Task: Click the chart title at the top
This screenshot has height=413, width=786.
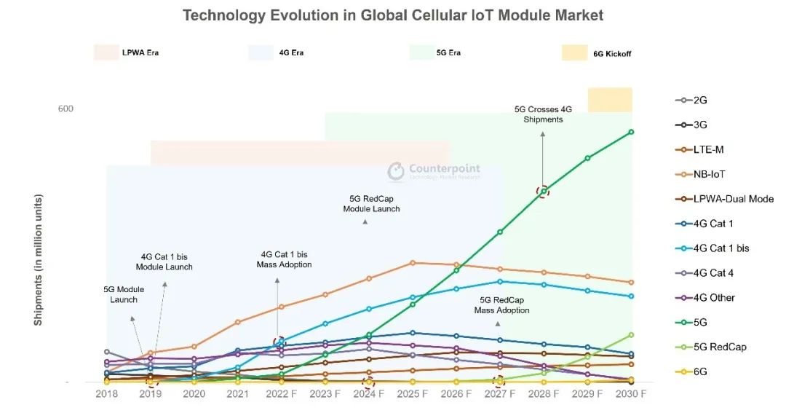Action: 392,15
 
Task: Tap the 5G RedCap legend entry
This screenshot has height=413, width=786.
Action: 719,347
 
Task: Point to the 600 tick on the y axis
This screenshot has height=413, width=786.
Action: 65,109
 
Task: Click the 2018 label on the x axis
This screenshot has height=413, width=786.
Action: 107,393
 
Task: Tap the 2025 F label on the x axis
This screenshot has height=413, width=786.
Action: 413,393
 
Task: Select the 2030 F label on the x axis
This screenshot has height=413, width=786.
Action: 631,393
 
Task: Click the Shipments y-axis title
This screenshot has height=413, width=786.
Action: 39,259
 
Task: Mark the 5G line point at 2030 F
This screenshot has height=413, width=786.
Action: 631,132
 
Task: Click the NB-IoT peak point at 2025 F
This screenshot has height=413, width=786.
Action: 413,262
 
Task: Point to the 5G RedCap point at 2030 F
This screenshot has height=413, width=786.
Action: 631,335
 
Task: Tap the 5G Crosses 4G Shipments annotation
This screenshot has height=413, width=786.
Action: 543,114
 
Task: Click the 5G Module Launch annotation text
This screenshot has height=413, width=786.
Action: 124,294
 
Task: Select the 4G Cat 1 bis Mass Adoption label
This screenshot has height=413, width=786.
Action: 284,259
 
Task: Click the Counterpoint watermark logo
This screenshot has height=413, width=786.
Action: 396,170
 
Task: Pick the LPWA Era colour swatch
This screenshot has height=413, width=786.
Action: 106,52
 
